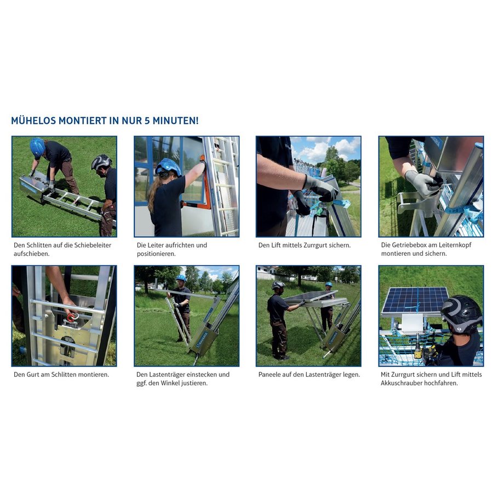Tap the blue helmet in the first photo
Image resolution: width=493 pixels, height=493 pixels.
[37, 146]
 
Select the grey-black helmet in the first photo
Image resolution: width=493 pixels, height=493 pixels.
[101, 162]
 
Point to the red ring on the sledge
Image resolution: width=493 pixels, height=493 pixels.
[71, 317]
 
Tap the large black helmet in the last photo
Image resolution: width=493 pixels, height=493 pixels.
[461, 314]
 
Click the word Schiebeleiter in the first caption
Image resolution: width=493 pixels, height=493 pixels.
[91, 245]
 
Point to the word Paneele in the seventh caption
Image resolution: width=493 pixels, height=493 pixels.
[272, 375]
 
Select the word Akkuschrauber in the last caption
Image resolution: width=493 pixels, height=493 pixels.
[405, 383]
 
